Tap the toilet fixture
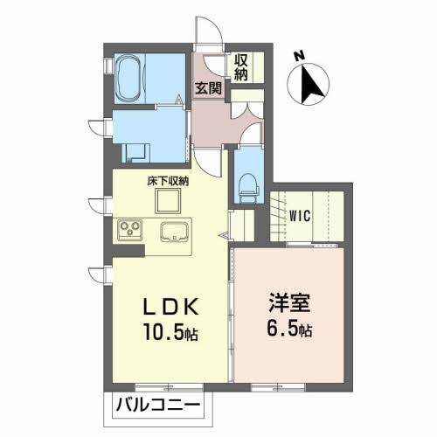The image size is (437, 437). click(248, 188)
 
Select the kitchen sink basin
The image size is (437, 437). click(175, 232)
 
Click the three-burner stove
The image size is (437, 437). click(129, 230)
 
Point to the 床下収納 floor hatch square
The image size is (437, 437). click(168, 201)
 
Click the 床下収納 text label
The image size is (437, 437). click(168, 181)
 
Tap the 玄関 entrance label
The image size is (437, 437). click(208, 88)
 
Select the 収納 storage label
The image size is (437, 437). click(241, 67)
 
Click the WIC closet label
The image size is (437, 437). click(300, 216)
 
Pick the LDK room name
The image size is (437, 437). click(171, 306)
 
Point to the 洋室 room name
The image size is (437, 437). click(289, 303)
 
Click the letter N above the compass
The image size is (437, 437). click(299, 56)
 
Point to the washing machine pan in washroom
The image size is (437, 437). click(135, 153)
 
